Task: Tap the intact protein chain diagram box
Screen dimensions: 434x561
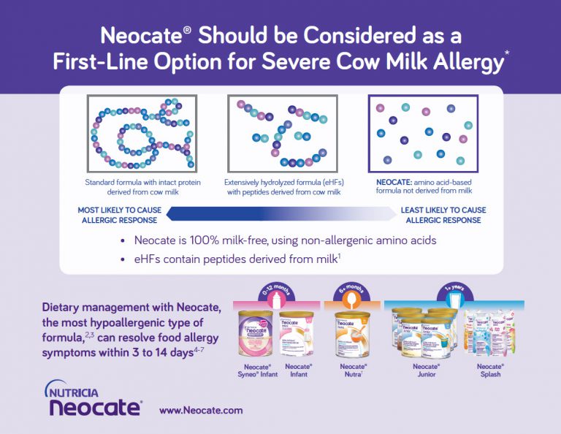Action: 141,134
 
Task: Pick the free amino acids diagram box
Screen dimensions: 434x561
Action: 423,134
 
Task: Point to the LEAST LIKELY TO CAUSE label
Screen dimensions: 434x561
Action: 443,215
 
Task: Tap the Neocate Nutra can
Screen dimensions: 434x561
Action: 350,334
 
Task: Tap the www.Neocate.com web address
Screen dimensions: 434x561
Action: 200,410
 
